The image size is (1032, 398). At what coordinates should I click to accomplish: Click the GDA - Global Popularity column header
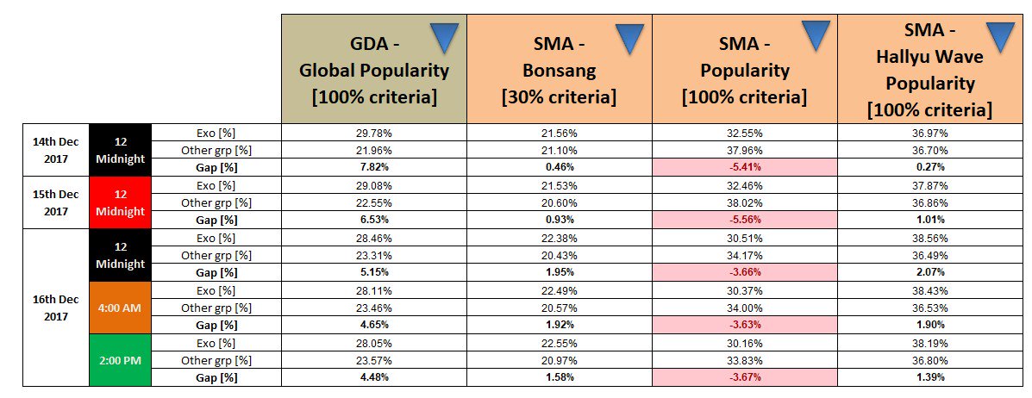tap(373, 68)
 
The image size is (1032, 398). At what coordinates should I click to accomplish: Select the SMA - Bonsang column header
tap(559, 68)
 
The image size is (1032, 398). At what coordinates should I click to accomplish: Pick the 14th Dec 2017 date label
tap(54, 149)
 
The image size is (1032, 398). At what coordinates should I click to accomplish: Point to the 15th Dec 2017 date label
tap(54, 202)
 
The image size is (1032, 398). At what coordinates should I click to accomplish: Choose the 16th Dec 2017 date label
tap(54, 307)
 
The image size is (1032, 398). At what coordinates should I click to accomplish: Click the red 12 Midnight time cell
tap(121, 202)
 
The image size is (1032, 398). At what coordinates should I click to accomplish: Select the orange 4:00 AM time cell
tap(121, 307)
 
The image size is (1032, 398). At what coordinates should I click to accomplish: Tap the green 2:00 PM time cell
tap(121, 359)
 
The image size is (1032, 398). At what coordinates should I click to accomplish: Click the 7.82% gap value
tap(373, 167)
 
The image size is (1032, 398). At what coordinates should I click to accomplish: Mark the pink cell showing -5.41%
tap(744, 167)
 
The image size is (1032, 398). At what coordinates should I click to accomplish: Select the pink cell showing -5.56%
tap(744, 220)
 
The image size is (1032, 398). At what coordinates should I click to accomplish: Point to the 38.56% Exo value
tap(930, 237)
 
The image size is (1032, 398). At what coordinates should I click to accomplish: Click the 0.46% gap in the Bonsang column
tap(559, 167)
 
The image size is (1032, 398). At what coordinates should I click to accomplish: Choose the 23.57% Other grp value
tap(373, 360)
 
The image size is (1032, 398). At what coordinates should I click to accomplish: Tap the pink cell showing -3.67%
tap(744, 377)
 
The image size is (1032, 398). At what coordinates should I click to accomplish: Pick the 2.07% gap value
tap(930, 272)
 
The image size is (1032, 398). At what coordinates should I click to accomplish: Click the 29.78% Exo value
tap(373, 132)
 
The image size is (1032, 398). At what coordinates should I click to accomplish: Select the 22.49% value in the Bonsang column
tap(559, 289)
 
